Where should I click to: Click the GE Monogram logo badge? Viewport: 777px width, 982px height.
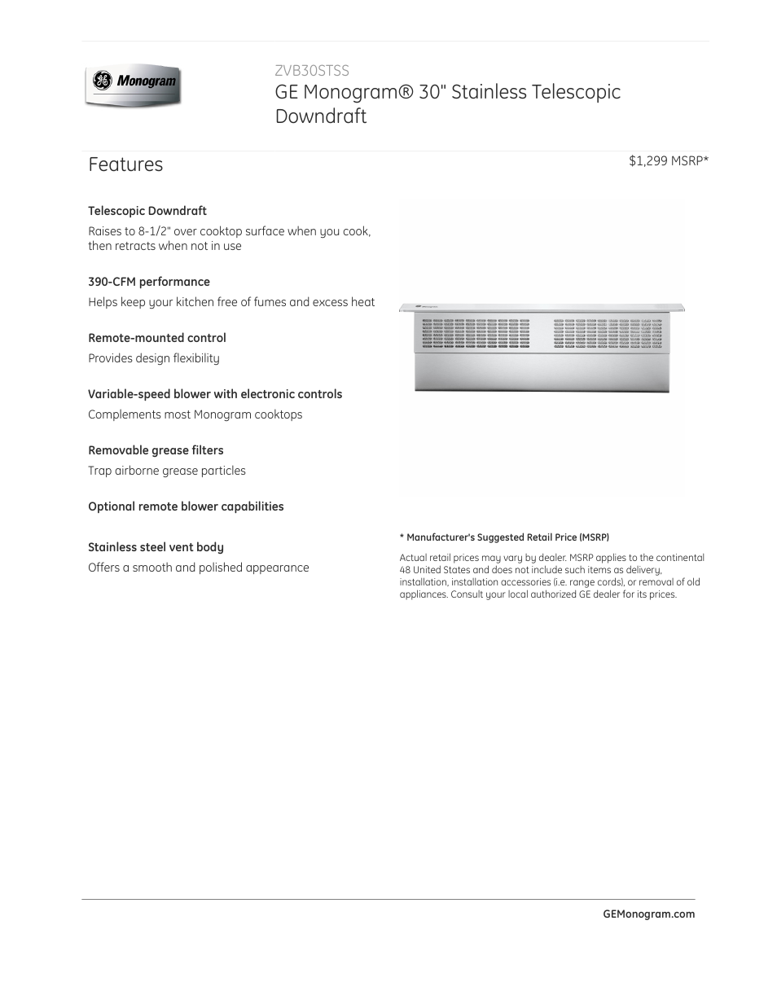pos(133,85)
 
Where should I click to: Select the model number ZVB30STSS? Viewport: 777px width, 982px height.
pos(312,71)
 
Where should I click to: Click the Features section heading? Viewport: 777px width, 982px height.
pos(125,164)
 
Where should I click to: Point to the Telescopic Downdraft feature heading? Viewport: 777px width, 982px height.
pos(147,211)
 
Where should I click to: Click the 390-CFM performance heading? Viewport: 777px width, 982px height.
pos(149,282)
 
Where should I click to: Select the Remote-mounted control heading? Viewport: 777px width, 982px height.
pos(157,338)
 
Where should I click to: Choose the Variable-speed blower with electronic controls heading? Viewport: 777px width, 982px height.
pos(215,394)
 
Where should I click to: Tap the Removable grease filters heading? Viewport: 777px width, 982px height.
pos(156,450)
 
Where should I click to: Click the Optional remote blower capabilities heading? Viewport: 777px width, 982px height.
pos(186,506)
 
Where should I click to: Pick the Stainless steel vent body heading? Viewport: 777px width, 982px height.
pos(156,547)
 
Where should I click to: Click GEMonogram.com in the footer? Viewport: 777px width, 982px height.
pos(648,914)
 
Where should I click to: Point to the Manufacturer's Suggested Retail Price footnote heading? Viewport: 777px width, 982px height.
pos(504,537)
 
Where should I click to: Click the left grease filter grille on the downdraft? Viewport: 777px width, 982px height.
pos(476,333)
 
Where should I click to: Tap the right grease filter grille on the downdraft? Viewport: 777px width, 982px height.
pos(608,333)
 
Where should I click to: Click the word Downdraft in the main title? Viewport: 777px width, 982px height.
pos(321,116)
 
